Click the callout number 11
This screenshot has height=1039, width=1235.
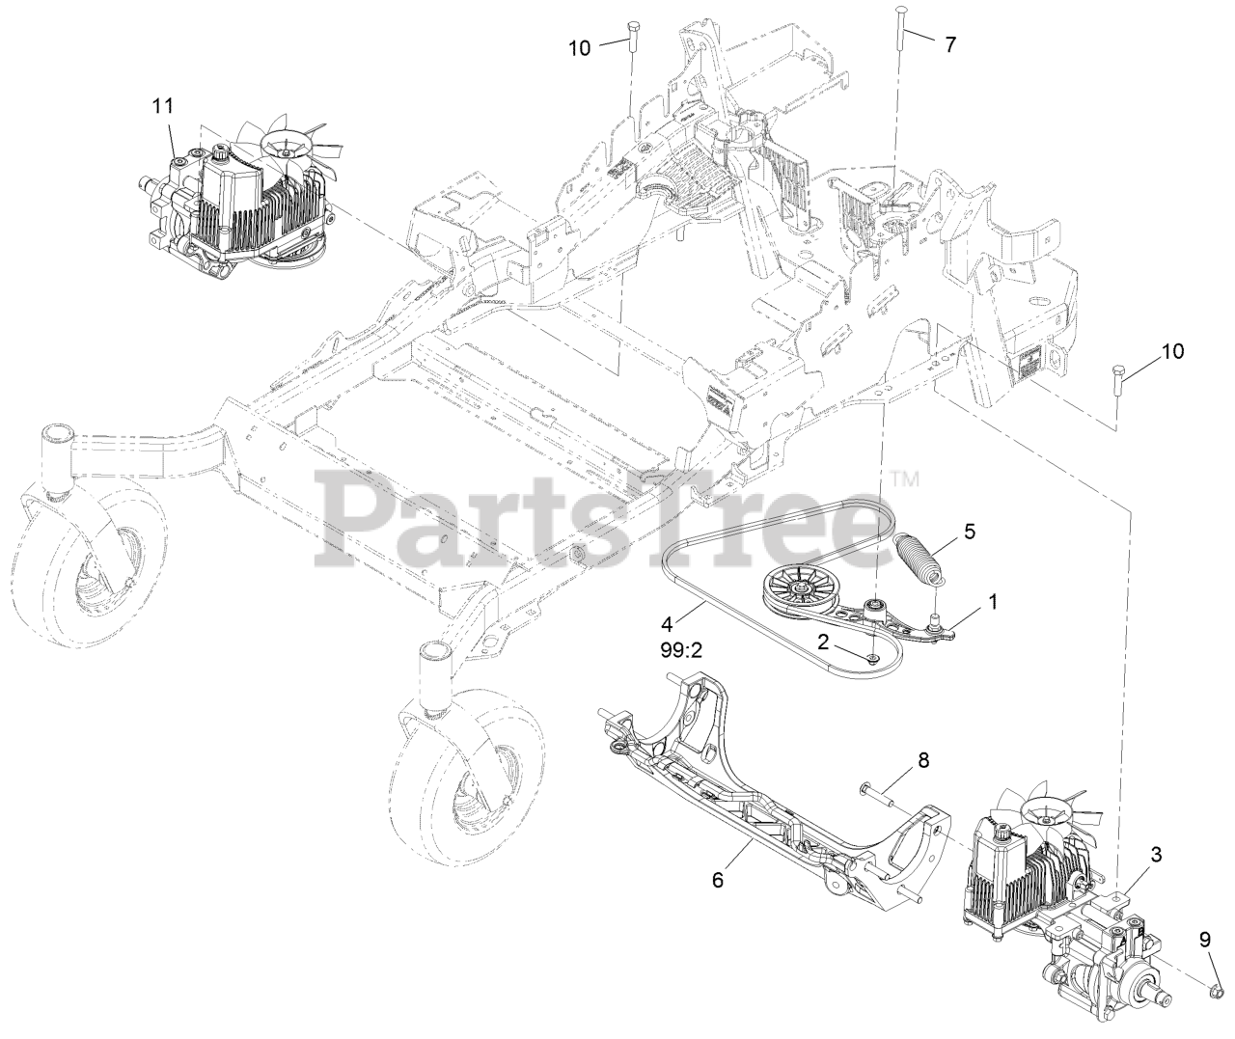(x=160, y=103)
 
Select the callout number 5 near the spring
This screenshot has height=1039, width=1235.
(x=969, y=531)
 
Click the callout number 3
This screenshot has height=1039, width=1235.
(x=1157, y=853)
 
